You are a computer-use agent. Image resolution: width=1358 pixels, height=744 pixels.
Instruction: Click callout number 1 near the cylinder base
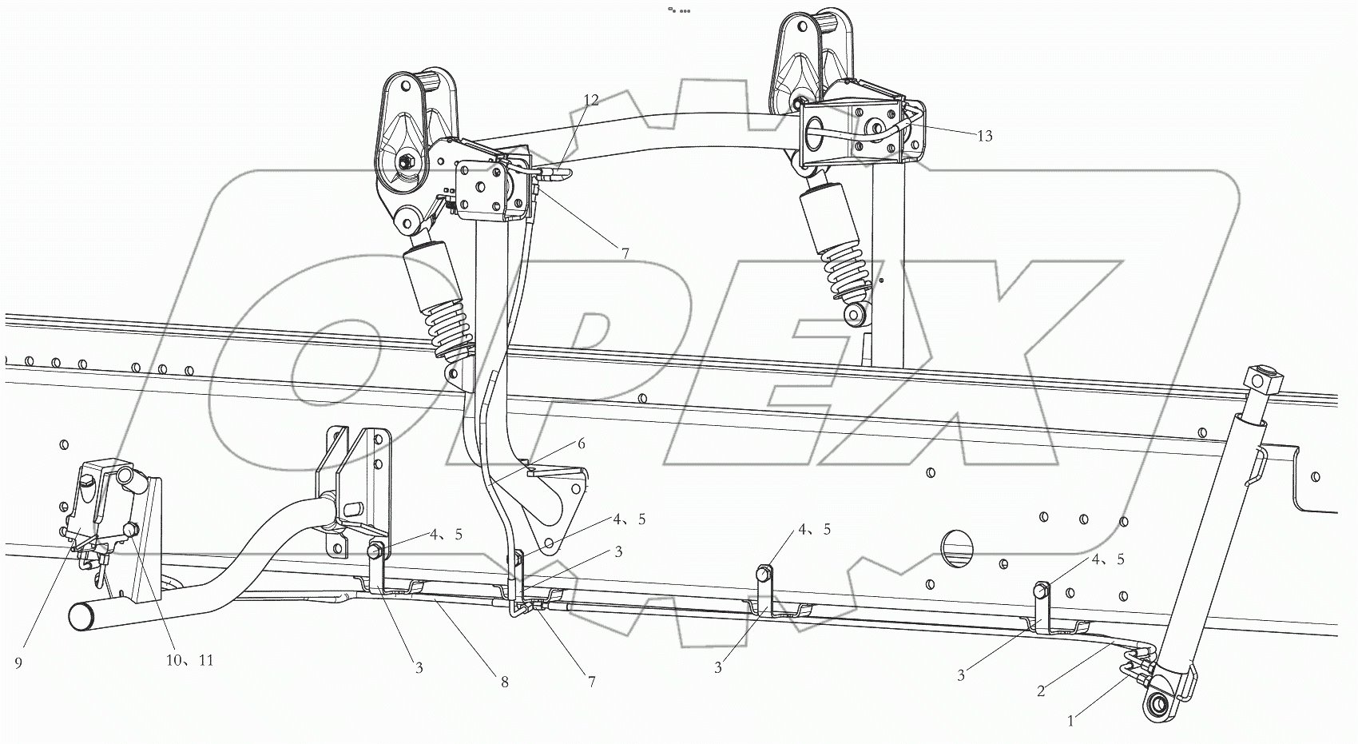(1071, 721)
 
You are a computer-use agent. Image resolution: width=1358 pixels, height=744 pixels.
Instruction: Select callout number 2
(1041, 690)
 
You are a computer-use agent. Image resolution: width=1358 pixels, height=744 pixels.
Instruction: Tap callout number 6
(582, 444)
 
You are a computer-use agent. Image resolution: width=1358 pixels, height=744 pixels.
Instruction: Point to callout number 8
(504, 682)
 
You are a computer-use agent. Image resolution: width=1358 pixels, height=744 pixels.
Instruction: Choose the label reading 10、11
(189, 661)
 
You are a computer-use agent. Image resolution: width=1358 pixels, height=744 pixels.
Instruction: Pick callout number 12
(590, 100)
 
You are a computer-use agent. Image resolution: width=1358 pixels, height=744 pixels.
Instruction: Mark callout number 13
(984, 136)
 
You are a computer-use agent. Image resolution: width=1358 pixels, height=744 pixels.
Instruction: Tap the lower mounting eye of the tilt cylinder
(1157, 705)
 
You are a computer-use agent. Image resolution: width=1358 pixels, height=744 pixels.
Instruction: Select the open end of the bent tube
(81, 616)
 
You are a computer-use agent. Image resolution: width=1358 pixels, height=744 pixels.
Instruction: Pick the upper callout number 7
(625, 253)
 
